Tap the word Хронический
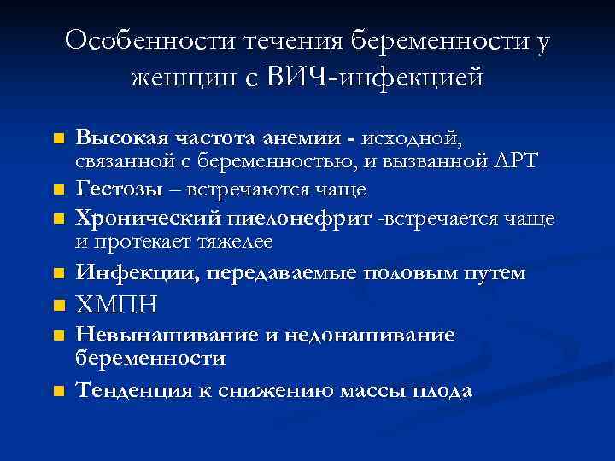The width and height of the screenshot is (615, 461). [x=137, y=219]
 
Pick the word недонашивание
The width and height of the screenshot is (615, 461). [x=367, y=336]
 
